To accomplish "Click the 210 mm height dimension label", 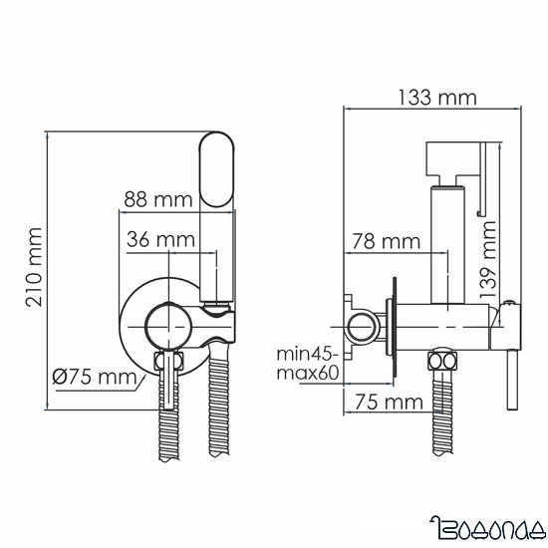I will coord(32,269).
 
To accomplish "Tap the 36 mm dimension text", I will coord(160,239).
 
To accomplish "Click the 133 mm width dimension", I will coord(435,98).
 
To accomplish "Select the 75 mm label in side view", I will coord(383,403).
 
